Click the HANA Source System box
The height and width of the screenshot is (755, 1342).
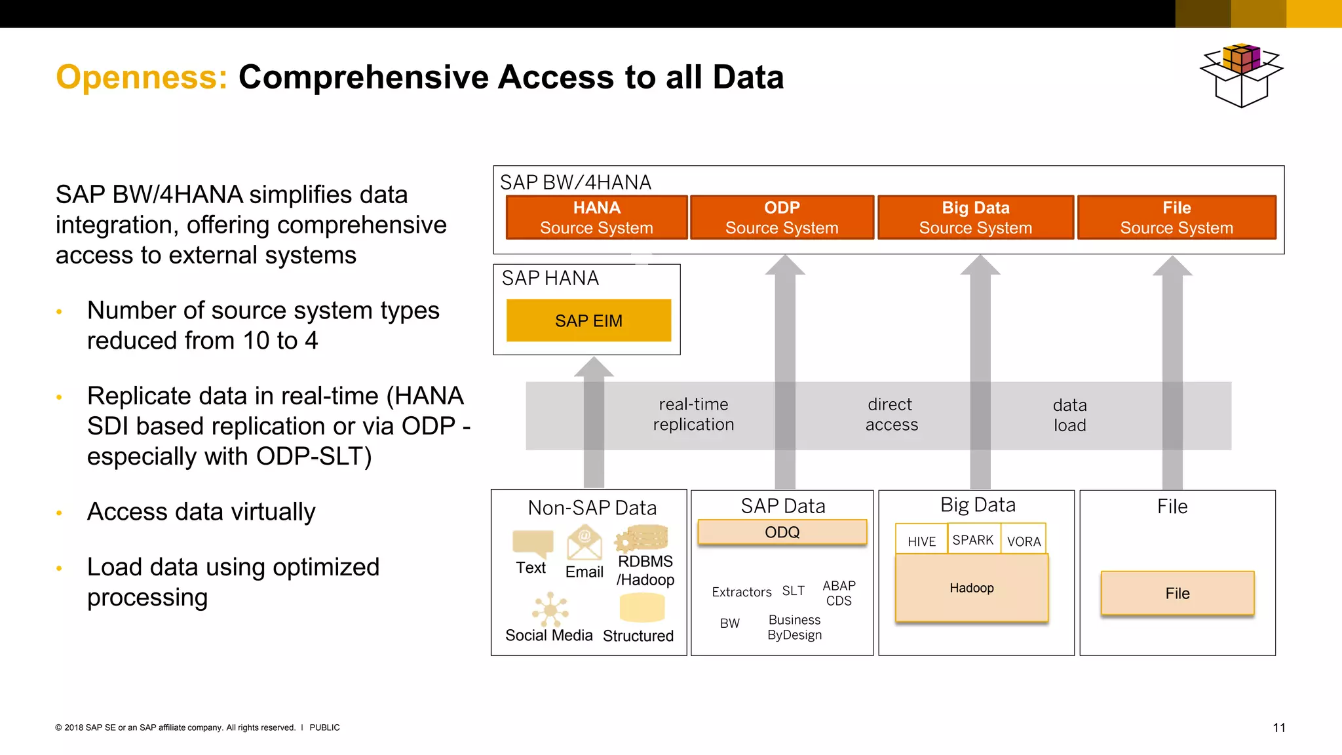(x=596, y=218)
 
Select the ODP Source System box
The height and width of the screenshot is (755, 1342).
(x=782, y=218)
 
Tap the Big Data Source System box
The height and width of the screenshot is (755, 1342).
(x=975, y=218)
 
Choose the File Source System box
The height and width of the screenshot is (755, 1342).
(x=1176, y=218)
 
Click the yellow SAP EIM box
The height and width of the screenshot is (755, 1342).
(x=588, y=320)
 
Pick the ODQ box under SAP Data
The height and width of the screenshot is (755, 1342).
(x=782, y=532)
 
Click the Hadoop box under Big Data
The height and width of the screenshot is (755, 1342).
(x=971, y=588)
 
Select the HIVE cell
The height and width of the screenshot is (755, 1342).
(x=921, y=541)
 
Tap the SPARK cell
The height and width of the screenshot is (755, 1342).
(x=973, y=539)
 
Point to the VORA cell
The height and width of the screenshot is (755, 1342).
(x=1024, y=541)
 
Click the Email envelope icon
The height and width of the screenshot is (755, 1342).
(x=585, y=543)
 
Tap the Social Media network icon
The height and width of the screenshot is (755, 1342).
(x=550, y=610)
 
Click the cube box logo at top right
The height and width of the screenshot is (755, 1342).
(x=1240, y=75)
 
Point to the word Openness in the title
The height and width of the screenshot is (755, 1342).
(x=142, y=77)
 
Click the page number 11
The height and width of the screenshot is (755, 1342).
(x=1278, y=727)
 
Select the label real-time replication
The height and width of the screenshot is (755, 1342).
(x=693, y=414)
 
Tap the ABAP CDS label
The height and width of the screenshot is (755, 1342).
(x=839, y=592)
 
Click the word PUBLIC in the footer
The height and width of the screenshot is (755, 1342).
(x=324, y=727)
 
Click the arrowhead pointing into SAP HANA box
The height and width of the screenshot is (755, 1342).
(x=594, y=367)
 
